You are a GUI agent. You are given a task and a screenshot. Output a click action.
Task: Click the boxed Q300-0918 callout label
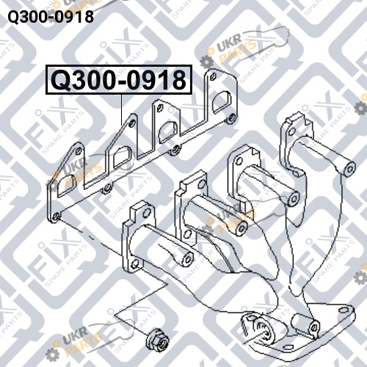[119, 80]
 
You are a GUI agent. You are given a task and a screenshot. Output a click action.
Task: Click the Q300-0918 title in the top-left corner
[51, 17]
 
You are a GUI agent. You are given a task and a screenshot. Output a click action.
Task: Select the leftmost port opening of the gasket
[65, 185]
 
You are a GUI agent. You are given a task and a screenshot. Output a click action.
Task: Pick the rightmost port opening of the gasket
[222, 102]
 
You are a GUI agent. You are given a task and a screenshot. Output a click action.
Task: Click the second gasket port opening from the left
[122, 157]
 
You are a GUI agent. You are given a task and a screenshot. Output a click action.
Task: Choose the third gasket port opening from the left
[168, 131]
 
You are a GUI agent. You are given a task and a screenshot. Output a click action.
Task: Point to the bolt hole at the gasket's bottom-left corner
[56, 217]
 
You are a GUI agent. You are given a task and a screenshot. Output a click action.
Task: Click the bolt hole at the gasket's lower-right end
[230, 118]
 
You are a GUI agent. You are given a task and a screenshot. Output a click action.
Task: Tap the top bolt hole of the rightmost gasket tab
[213, 77]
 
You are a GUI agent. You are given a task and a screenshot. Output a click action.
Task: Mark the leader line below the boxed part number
[122, 110]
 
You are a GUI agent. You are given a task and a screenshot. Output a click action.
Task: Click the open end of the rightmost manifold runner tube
[349, 169]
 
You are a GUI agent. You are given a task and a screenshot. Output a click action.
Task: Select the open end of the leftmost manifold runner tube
[188, 258]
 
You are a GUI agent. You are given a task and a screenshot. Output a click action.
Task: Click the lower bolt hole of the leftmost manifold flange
[135, 264]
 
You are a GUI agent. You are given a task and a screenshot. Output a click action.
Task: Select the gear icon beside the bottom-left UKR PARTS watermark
[52, 355]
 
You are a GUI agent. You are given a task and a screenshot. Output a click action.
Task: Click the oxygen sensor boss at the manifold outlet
[264, 329]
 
